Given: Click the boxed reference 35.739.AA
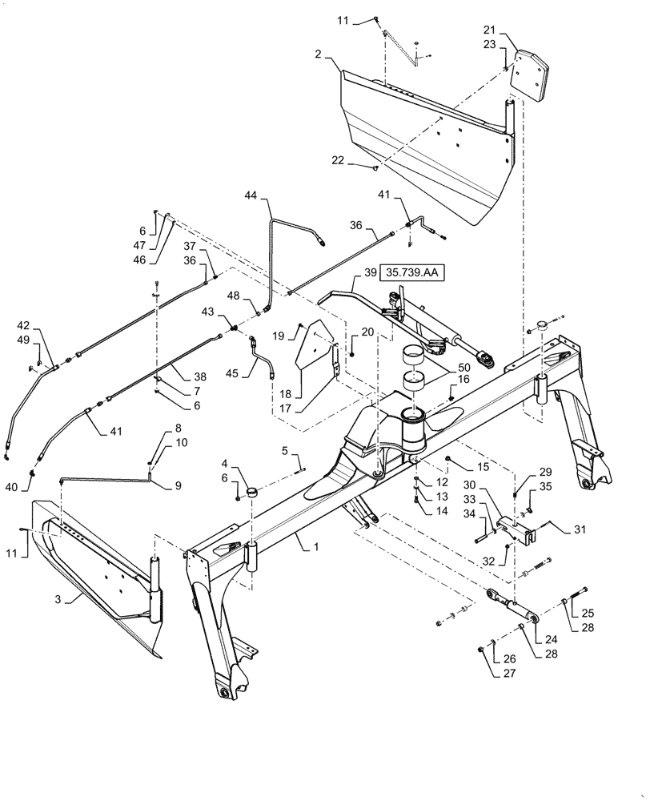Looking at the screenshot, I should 411,273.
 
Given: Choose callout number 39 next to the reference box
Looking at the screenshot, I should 371,273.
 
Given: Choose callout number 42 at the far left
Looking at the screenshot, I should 24,327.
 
